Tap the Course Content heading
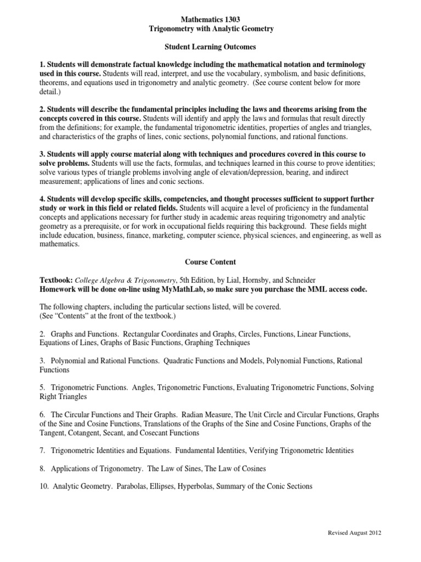click(210, 262)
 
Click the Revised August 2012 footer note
click(354, 533)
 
